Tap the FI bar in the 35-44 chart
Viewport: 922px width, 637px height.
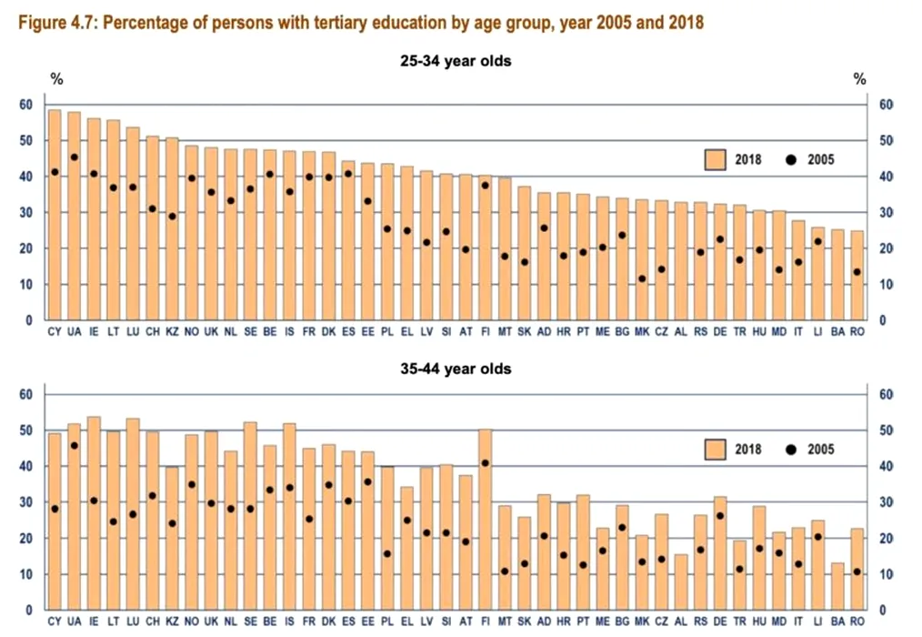coord(485,519)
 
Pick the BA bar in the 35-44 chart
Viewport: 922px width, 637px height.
coord(837,586)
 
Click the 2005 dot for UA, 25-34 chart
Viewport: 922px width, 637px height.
coord(74,157)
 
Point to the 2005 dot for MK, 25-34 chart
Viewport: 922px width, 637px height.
coord(642,278)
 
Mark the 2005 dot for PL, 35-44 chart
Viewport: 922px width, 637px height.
coord(387,553)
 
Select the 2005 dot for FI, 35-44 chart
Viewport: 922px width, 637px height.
coord(485,463)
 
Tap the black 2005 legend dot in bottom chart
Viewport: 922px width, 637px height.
coord(789,450)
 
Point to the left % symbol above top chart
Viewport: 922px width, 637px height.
coord(56,80)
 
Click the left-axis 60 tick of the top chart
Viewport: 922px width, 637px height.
coord(25,106)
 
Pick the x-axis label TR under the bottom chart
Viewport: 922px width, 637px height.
coord(740,622)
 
